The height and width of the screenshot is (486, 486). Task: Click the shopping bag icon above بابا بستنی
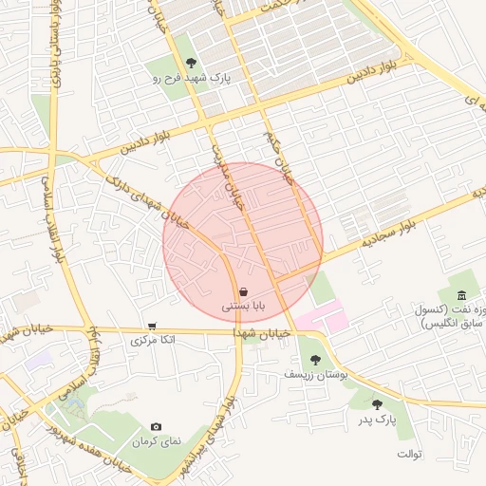tap(245, 292)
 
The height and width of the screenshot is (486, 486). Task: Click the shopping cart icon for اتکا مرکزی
tap(152, 326)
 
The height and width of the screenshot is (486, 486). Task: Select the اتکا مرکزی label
tap(152, 339)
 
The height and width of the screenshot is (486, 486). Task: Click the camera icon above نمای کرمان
tap(156, 428)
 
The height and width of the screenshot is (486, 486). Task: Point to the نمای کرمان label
tap(156, 442)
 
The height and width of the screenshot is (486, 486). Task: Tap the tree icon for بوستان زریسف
tap(315, 360)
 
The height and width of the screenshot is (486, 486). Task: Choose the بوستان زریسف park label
tap(316, 374)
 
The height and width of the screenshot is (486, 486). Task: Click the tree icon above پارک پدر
tap(377, 404)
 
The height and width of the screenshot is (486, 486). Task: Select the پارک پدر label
tap(377, 419)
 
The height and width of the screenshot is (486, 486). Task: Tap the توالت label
tap(409, 454)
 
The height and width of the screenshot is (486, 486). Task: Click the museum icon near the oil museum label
tap(461, 295)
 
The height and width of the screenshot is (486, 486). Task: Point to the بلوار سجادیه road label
tap(389, 231)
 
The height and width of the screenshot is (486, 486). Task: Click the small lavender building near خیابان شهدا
tap(38, 361)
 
